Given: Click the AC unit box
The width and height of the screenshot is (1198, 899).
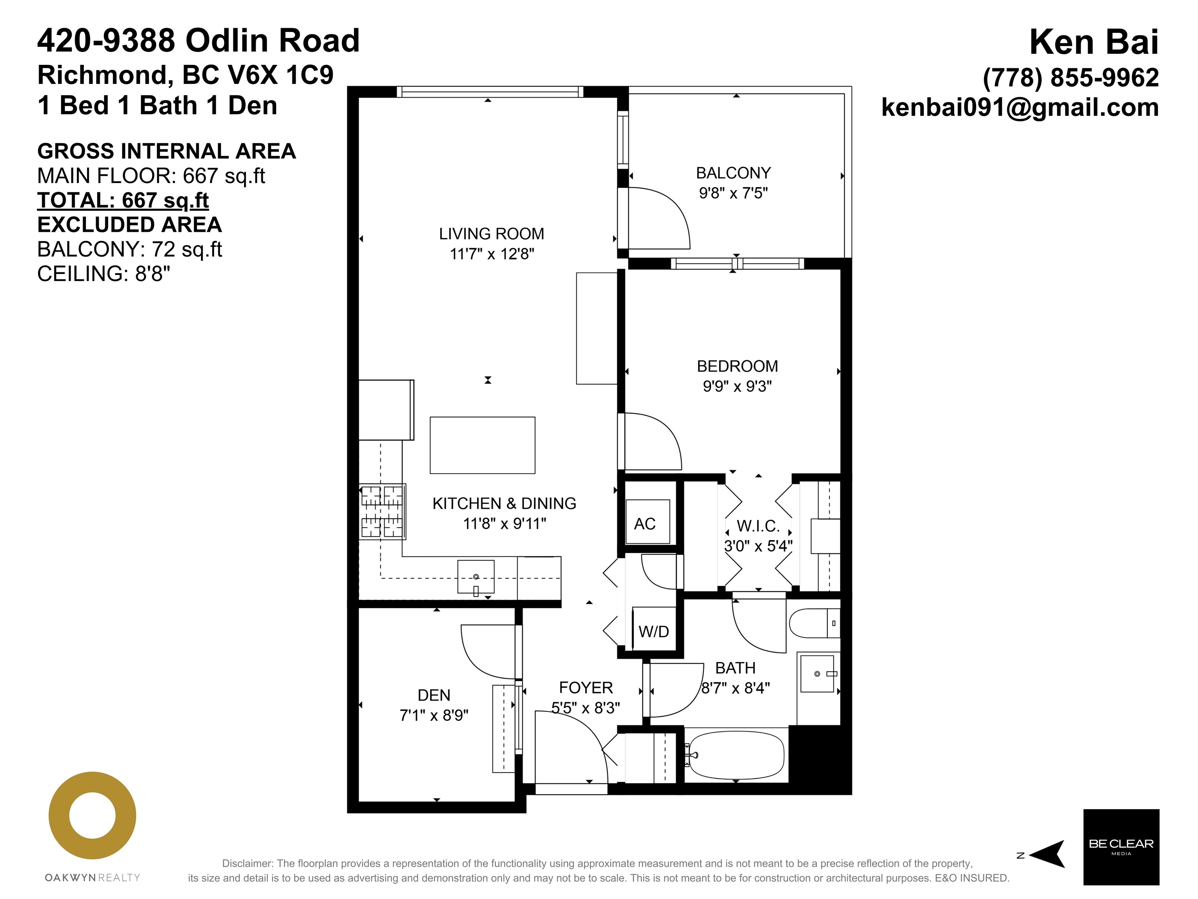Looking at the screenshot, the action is (x=648, y=522).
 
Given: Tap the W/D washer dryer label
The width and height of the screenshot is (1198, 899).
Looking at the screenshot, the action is (x=654, y=631).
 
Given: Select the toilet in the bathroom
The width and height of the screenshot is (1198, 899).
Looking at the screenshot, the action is (x=815, y=623).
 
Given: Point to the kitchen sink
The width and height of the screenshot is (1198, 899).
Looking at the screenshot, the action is (x=476, y=576).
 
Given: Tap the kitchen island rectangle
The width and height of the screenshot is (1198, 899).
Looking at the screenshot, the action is (x=483, y=445).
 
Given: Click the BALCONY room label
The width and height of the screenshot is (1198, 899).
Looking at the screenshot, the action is (x=733, y=173).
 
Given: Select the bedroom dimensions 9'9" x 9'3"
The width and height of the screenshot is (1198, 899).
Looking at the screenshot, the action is (x=737, y=386).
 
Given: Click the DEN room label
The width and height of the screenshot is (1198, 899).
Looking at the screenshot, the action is (x=434, y=695).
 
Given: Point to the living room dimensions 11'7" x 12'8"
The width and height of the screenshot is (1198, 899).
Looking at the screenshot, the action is (x=492, y=254).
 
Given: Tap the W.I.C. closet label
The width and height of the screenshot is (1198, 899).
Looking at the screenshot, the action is (x=758, y=526).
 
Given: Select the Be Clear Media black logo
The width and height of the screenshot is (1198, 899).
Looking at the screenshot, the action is (x=1121, y=847).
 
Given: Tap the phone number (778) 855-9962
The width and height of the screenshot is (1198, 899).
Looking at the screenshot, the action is (x=1071, y=77).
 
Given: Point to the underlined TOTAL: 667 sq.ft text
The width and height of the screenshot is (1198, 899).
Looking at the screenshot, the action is (x=123, y=201).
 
